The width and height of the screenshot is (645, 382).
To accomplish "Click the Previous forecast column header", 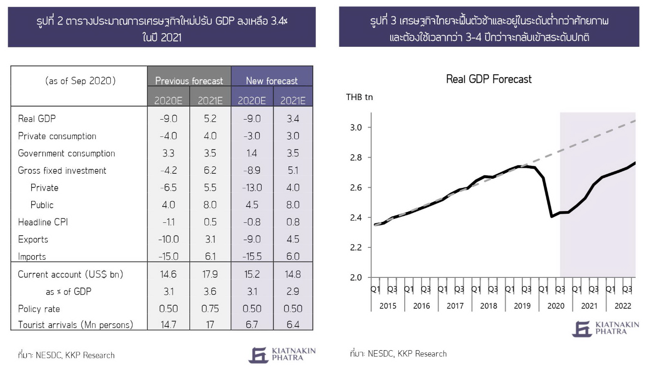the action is pos(189,81).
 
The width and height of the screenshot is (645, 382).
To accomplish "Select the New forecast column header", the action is pos(272,81).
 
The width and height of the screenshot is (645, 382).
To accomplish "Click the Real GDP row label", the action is pos(37,119).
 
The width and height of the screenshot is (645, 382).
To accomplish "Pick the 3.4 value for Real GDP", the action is pos(293,119).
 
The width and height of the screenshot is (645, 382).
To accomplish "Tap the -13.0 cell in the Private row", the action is pos(252,187).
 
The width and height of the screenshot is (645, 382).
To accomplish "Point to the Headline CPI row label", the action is pos(43,222).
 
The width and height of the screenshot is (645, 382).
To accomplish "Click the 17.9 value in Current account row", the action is pos(210,274).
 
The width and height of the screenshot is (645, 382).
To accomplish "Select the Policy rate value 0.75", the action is pos(210,308).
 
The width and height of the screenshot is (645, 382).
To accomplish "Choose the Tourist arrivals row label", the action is pos(75,325).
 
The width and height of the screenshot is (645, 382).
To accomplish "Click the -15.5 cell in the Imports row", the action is pos(252,256).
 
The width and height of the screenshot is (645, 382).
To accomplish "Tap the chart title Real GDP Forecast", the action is pos(489,79).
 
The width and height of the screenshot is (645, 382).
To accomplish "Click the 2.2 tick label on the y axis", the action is pos(356,247).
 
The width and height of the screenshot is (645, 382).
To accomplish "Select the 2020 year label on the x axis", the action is pos(556,306).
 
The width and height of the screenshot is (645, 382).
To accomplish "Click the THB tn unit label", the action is pos(359,97).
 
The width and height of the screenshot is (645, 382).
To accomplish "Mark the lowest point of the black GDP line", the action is pos(551,216).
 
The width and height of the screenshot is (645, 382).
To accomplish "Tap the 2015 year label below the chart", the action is pos(388,306).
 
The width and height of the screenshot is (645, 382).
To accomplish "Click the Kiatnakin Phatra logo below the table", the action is pos(282,355).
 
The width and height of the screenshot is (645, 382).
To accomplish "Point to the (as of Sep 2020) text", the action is pos(80,81).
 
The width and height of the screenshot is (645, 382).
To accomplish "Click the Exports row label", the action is pos(33,239).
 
